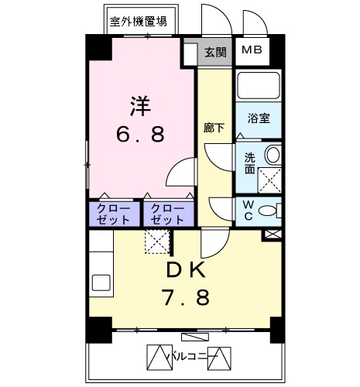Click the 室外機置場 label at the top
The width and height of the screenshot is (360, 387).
pyautogui.click(x=139, y=22)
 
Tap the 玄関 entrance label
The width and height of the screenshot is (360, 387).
pyautogui.click(x=215, y=53)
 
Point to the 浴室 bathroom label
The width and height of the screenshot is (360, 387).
pyautogui.click(x=258, y=118)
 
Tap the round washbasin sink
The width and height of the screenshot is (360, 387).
pyautogui.click(x=273, y=154)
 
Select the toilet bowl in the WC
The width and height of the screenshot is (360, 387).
pyautogui.click(x=268, y=210)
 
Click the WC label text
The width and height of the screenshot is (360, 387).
pyautogui.click(x=248, y=210)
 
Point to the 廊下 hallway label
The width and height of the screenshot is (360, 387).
pyautogui.click(x=213, y=128)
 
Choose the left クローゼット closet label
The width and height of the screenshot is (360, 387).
pyautogui.click(x=113, y=214)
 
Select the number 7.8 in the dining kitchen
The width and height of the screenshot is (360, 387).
pyautogui.click(x=186, y=298)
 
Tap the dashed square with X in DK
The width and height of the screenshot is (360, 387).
pyautogui.click(x=159, y=242)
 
